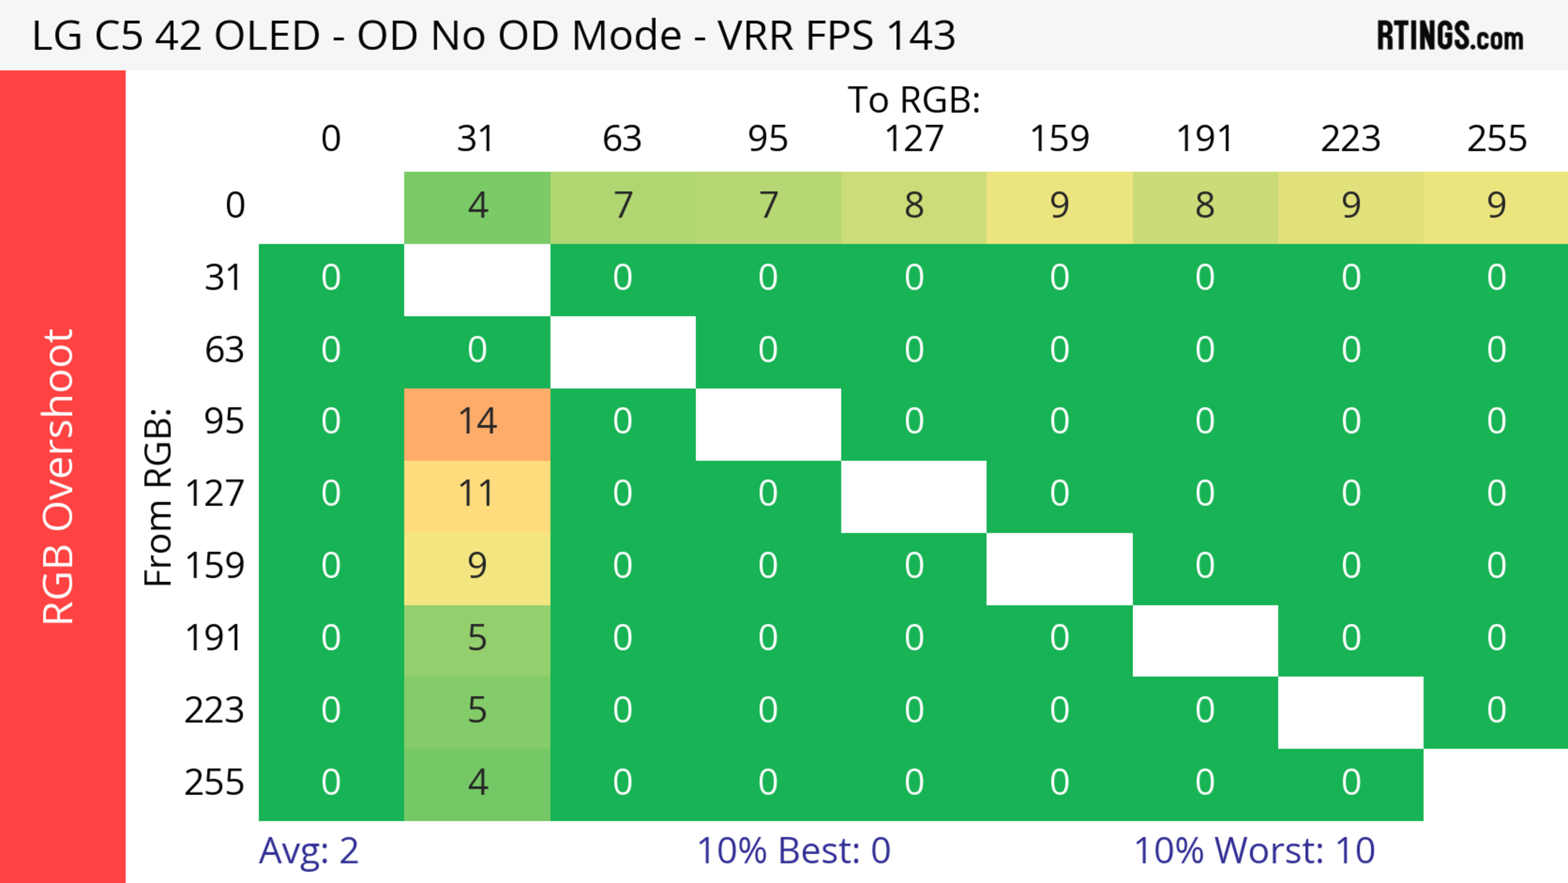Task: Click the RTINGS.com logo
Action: pyautogui.click(x=1450, y=36)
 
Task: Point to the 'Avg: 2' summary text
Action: pyautogui.click(x=309, y=851)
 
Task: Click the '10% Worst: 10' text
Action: pyautogui.click(x=1254, y=851)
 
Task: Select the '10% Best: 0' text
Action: pyautogui.click(x=793, y=851)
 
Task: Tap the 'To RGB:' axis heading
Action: pyautogui.click(x=914, y=100)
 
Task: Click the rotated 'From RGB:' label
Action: pyautogui.click(x=158, y=497)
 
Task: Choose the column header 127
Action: pyautogui.click(x=914, y=139)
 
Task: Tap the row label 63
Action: pyautogui.click(x=224, y=349)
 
